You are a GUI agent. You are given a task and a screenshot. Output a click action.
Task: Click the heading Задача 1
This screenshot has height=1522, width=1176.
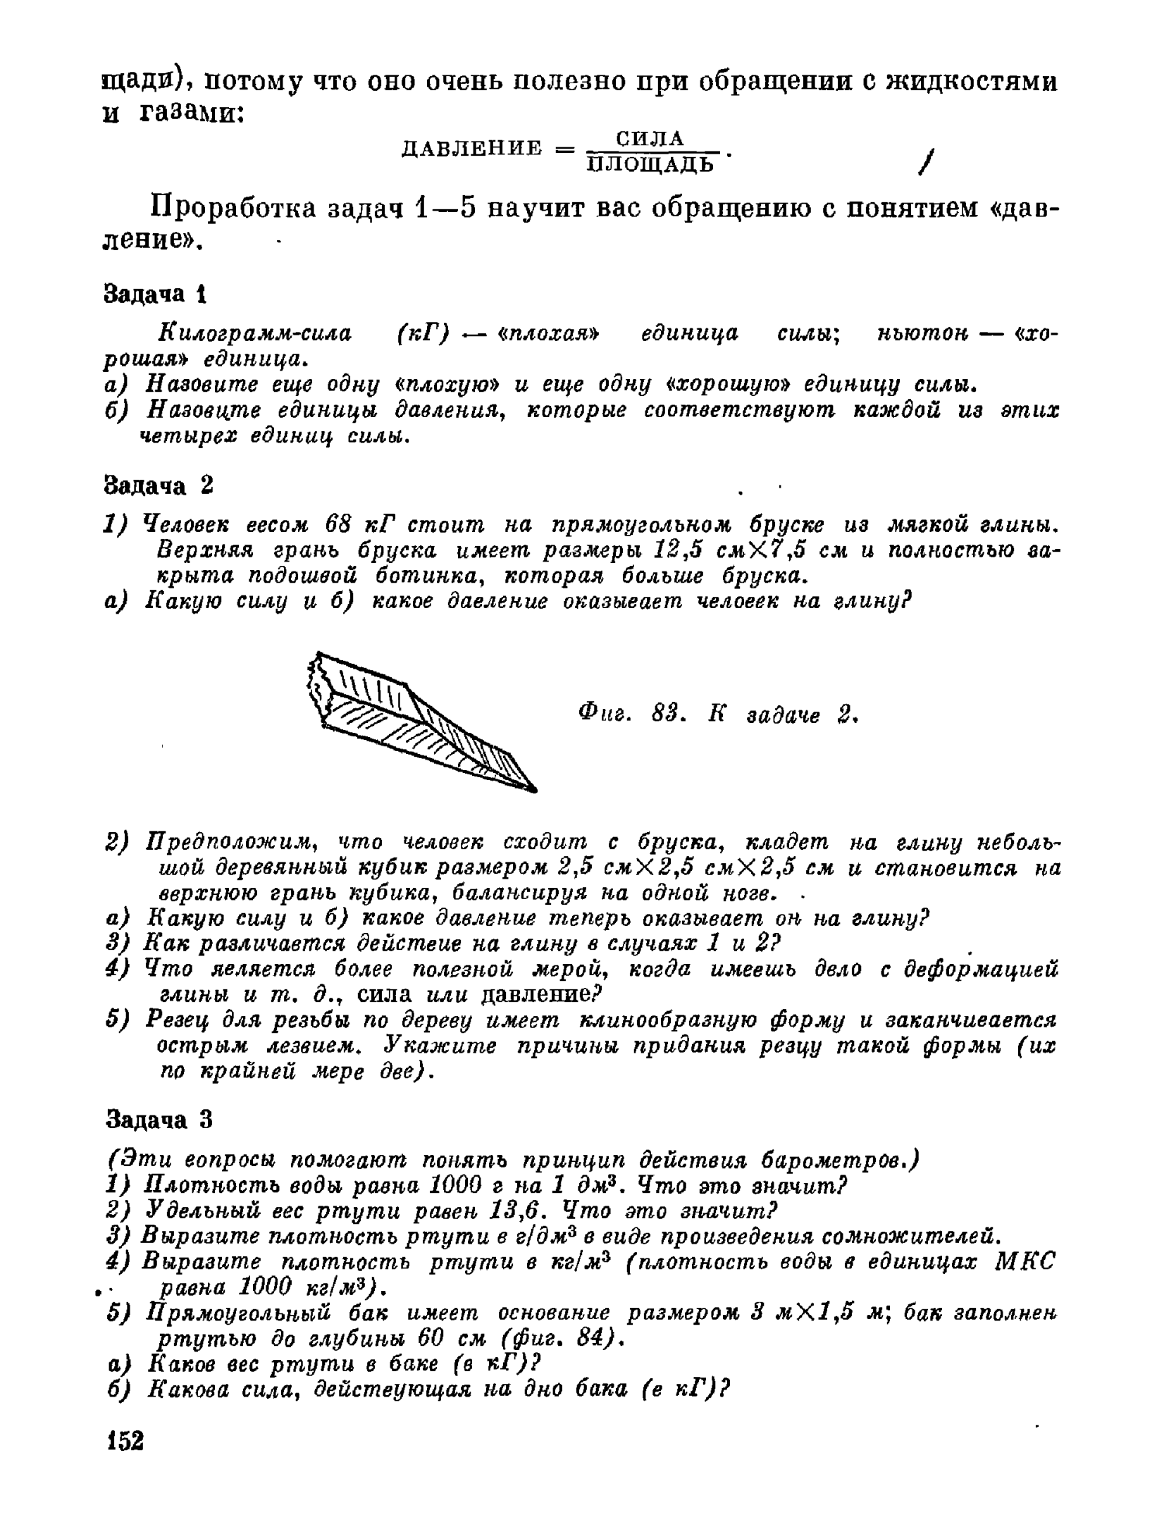click(154, 294)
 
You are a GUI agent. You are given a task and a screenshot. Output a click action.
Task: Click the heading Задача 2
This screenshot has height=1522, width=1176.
click(158, 486)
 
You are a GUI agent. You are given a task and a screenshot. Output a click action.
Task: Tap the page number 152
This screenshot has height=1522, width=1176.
click(125, 1440)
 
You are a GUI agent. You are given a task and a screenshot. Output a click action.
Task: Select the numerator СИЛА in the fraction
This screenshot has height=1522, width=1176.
click(650, 138)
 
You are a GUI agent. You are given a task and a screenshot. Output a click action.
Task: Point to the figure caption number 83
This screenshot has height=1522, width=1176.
click(664, 715)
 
